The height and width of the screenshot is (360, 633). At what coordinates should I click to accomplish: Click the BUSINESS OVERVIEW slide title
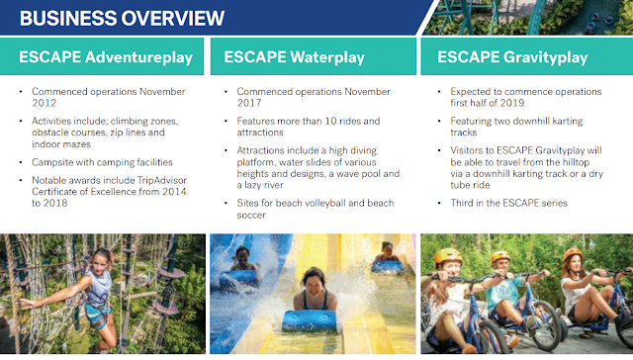[122, 18]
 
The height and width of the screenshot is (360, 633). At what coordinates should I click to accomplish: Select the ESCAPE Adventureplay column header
[106, 57]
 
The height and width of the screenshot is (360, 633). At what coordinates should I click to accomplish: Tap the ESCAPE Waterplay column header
[295, 57]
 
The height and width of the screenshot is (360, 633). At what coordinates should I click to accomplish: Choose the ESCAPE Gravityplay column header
[512, 57]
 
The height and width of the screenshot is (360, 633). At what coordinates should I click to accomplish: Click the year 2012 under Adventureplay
[44, 103]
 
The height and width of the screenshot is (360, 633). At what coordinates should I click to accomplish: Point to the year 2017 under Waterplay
[249, 103]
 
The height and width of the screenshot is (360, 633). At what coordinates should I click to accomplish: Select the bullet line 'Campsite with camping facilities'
[102, 162]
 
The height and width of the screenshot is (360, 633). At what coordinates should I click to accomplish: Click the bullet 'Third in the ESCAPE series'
[509, 203]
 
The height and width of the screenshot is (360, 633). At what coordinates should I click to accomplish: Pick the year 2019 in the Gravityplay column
[512, 103]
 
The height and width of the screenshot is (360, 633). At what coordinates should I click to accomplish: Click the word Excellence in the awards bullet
[113, 192]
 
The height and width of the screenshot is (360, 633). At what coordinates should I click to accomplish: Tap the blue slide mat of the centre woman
[310, 320]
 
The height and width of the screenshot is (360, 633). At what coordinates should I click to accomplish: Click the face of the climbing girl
[101, 262]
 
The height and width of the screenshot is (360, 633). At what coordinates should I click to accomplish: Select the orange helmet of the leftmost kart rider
[448, 256]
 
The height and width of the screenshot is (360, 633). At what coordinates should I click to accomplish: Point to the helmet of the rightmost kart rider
[573, 254]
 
